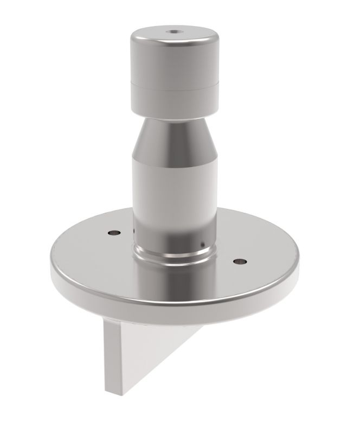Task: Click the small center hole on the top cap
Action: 174,31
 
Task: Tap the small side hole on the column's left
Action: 134,232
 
